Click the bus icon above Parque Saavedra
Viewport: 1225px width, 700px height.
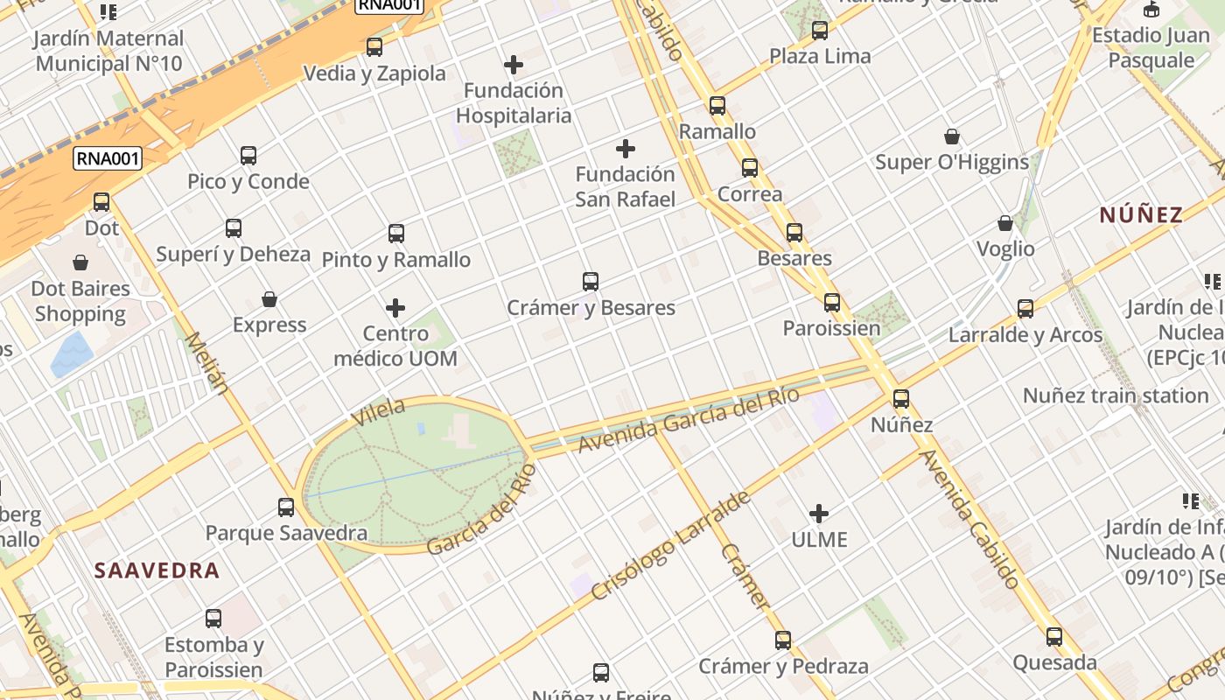tap(286, 507)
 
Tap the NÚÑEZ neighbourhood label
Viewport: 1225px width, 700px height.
tap(1141, 214)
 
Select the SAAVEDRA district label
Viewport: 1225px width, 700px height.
tap(157, 570)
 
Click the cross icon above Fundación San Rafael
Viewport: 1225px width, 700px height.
tap(626, 149)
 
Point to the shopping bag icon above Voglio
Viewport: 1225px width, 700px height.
tap(1005, 224)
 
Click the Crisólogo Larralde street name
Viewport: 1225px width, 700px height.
tap(671, 546)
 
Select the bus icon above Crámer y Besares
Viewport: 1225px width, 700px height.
tap(591, 282)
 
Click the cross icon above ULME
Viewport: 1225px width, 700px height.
tap(819, 513)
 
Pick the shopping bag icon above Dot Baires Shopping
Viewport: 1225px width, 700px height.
tap(80, 262)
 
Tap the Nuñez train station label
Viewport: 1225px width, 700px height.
tap(1116, 395)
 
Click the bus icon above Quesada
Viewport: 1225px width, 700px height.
tap(1054, 636)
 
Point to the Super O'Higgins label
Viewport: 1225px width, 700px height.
tap(952, 162)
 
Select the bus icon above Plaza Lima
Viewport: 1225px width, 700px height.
tap(820, 31)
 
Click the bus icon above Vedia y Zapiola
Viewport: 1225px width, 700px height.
tap(374, 47)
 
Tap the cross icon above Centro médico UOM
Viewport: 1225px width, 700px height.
tap(395, 308)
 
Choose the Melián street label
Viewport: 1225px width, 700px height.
tap(207, 362)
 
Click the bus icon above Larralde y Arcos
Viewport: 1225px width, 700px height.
tap(1025, 309)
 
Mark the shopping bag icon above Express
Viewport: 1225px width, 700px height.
tap(269, 299)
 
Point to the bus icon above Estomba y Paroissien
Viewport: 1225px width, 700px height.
tap(213, 619)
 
